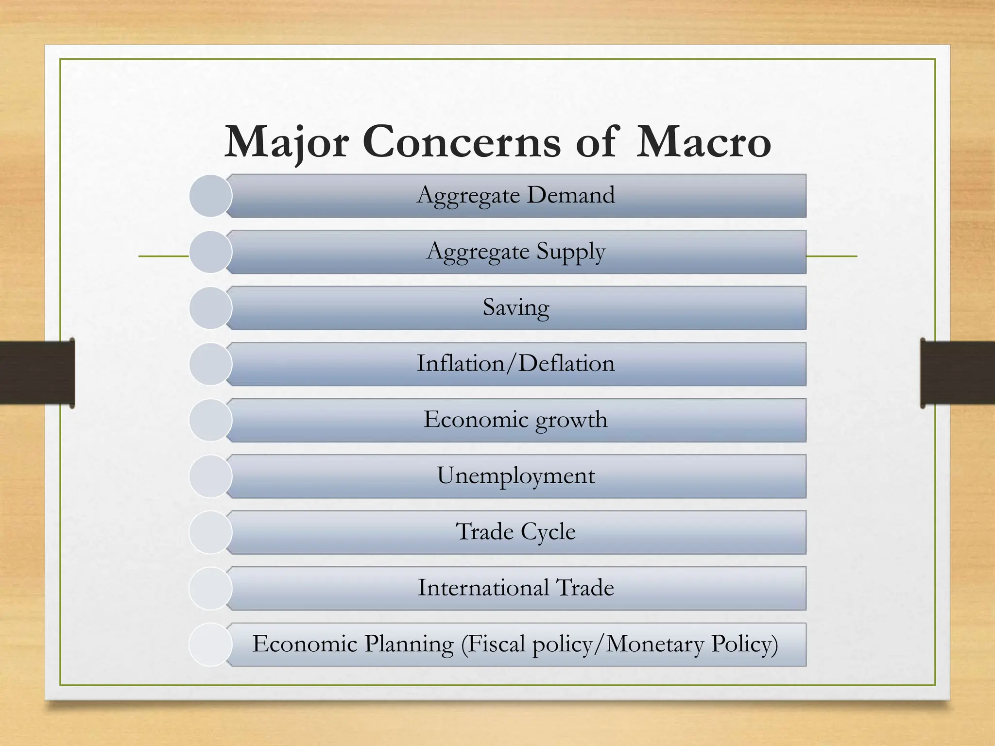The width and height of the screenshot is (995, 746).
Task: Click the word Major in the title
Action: click(x=287, y=142)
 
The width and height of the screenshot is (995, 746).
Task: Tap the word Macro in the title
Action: click(x=703, y=142)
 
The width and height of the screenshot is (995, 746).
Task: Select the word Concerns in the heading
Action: click(x=462, y=142)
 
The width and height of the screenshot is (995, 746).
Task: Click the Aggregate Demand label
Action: click(x=516, y=195)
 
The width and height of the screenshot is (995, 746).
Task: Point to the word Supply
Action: click(x=571, y=252)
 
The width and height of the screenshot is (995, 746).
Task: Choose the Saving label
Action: click(x=516, y=307)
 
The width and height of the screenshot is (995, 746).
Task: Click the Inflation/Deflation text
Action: click(x=516, y=363)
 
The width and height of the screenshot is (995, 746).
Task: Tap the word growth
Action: click(x=571, y=420)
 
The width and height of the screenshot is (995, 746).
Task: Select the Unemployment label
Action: click(x=516, y=475)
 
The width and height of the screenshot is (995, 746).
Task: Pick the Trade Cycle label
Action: click(x=516, y=531)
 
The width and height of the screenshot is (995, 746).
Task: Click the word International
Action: click(x=483, y=588)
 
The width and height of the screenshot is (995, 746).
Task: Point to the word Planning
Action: click(x=409, y=644)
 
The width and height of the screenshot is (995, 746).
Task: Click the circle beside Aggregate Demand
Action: click(x=210, y=196)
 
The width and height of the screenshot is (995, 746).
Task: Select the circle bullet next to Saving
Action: click(x=210, y=308)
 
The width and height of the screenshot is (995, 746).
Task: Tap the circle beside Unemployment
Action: click(x=210, y=476)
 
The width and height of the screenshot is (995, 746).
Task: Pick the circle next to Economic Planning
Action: click(x=210, y=644)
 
